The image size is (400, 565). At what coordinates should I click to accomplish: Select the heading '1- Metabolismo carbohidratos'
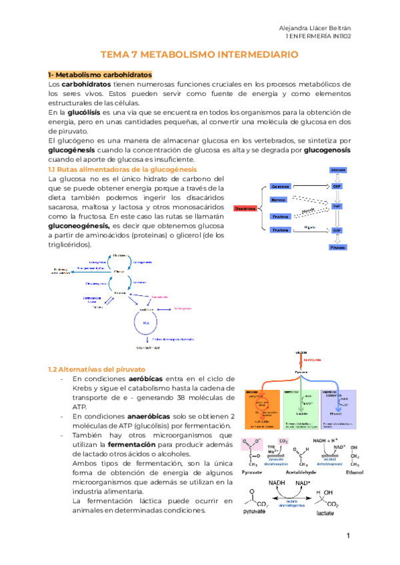click(x=100, y=74)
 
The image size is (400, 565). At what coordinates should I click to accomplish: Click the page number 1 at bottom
click(x=348, y=536)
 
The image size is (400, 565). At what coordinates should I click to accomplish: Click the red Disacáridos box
click(x=245, y=208)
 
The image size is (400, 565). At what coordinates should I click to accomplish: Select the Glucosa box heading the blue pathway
click(x=338, y=171)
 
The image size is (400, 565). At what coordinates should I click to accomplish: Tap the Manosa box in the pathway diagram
click(x=279, y=200)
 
